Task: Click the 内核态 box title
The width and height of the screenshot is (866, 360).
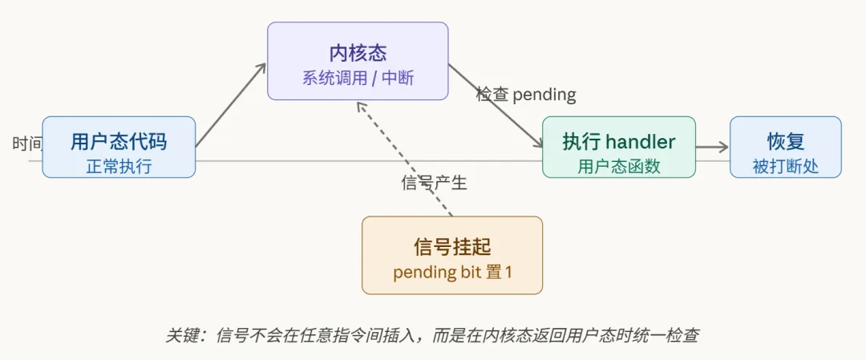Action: [358, 53]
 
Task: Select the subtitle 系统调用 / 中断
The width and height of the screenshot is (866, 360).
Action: [358, 79]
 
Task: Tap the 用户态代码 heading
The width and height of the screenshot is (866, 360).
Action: [119, 142]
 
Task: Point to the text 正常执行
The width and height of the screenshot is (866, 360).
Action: [119, 166]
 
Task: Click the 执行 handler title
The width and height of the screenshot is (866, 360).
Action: [619, 142]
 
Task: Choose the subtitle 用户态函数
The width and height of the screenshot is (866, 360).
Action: [619, 166]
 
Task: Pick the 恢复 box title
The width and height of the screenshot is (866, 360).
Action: [786, 142]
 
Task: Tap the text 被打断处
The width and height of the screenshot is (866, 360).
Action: [786, 166]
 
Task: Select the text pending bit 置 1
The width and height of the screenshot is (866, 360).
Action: [452, 272]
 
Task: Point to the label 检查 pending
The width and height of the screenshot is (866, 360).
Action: [526, 95]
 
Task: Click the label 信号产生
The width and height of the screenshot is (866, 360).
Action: [434, 183]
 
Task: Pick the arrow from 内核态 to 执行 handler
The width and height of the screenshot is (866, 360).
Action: [496, 106]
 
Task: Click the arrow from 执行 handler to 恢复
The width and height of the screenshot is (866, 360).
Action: [712, 147]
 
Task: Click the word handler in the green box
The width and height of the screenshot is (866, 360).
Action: [640, 142]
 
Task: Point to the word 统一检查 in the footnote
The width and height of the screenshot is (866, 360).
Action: [664, 335]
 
